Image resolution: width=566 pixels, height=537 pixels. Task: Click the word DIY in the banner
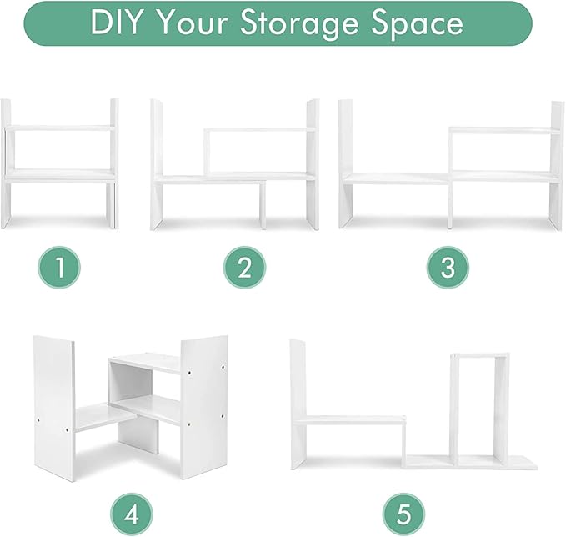[x=115, y=23]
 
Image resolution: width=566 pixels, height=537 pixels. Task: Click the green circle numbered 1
[x=59, y=268]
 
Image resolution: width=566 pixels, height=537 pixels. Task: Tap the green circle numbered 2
[x=244, y=268]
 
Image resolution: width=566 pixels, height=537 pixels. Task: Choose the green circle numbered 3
[x=448, y=268]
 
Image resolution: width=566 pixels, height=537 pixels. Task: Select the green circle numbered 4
[x=131, y=514]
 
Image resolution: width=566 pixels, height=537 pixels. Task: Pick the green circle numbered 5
[x=403, y=514]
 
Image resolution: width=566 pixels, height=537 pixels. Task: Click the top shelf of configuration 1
[x=60, y=128]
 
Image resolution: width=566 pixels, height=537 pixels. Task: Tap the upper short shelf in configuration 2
[x=259, y=129]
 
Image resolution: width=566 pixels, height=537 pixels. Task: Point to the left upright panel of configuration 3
[x=346, y=164]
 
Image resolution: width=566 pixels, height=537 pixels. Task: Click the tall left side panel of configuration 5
[x=298, y=404]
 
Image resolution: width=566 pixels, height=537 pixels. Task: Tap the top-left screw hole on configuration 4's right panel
[x=189, y=371]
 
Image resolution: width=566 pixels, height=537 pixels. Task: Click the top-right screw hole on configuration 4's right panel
[x=223, y=368]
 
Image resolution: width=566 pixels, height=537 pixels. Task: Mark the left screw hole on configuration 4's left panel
[x=38, y=421]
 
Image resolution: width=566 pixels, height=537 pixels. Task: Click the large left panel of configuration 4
[x=54, y=408]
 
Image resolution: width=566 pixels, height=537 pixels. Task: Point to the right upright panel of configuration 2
[x=313, y=164]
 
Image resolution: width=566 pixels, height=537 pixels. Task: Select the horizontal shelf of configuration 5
[x=350, y=420]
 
